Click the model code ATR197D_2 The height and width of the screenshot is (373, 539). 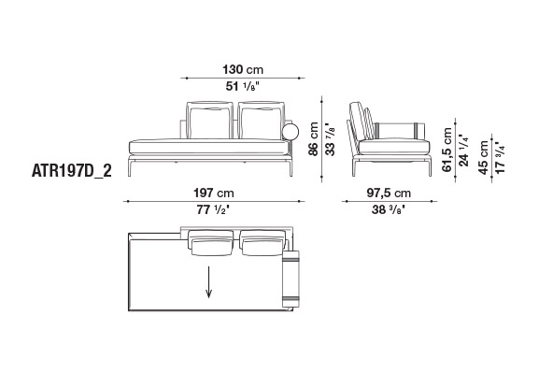(x=72, y=171)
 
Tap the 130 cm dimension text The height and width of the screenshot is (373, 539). (x=243, y=70)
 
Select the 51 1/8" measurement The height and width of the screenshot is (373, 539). (x=242, y=86)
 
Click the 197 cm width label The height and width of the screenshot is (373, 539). (x=214, y=193)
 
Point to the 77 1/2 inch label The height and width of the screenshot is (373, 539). (x=213, y=209)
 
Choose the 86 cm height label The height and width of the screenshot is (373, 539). (x=313, y=138)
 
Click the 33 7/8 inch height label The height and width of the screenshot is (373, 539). (x=330, y=139)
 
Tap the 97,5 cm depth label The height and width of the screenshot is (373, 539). (x=389, y=193)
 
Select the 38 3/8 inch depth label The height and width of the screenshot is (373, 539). (x=388, y=209)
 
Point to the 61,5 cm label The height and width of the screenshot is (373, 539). (x=447, y=150)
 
